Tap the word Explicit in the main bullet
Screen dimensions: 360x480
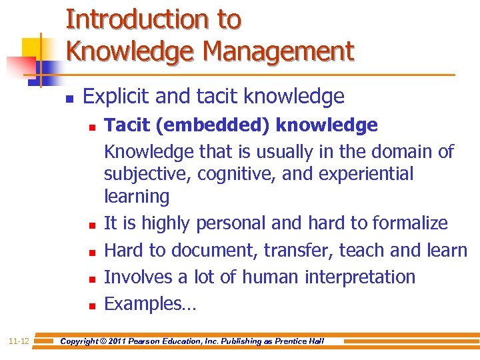tap(116, 97)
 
